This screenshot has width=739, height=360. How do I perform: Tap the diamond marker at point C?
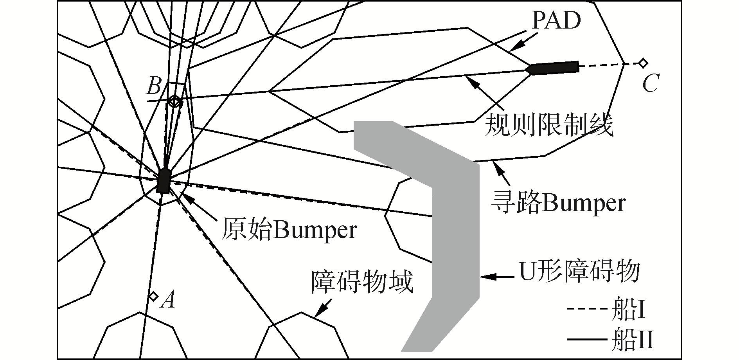pyautogui.click(x=643, y=63)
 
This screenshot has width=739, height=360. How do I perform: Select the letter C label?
pyautogui.click(x=650, y=83)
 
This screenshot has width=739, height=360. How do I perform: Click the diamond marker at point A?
pyautogui.click(x=154, y=296)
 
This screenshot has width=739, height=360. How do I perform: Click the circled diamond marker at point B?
pyautogui.click(x=174, y=102)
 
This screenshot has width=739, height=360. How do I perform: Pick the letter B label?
pyautogui.click(x=153, y=86)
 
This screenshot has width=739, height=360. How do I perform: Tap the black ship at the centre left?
pyautogui.click(x=163, y=181)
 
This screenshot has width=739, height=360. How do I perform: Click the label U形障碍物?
pyautogui.click(x=579, y=271)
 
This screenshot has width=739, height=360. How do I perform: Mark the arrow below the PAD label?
pyautogui.click(x=520, y=44)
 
